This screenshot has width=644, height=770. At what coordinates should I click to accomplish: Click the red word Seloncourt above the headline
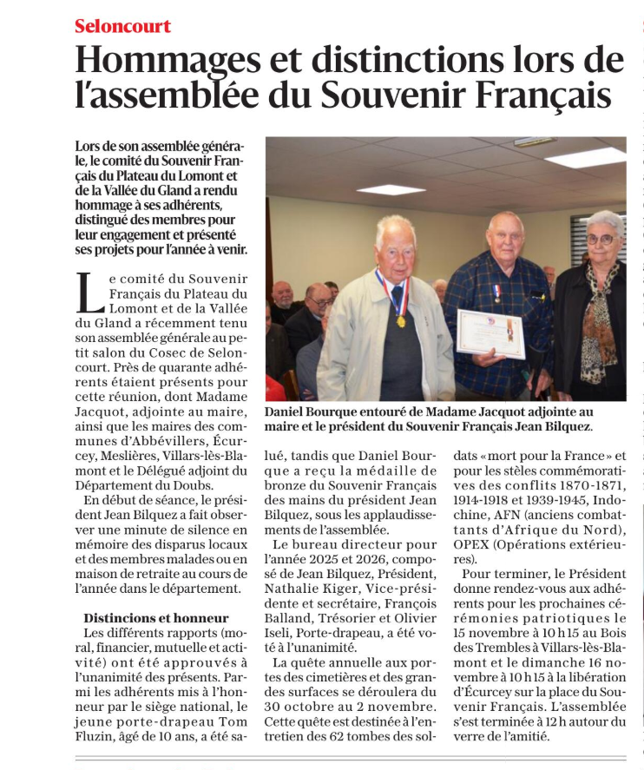tap(122, 26)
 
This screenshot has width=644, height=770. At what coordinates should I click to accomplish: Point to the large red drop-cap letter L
tap(85, 293)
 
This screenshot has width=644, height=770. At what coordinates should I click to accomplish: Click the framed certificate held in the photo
tap(490, 332)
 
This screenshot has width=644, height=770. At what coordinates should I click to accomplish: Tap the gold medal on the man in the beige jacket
tap(401, 321)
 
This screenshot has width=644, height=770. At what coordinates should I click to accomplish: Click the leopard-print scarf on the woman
tap(598, 317)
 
